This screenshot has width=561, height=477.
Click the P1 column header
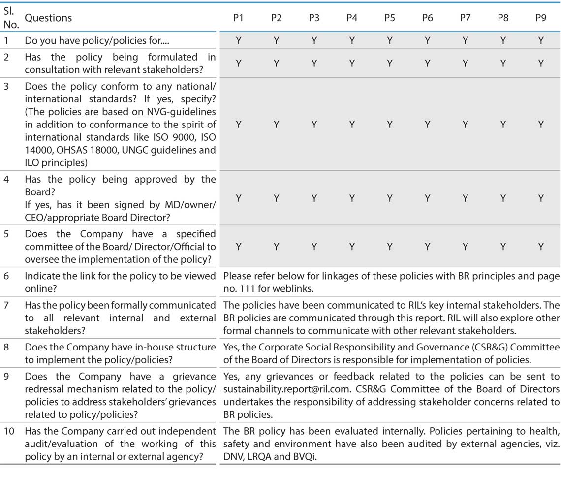tap(238, 18)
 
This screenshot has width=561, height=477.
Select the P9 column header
tap(540, 18)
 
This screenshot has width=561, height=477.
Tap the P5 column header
tap(389, 18)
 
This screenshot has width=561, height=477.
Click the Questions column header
tap(48, 18)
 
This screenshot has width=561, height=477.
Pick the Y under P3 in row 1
tap(314, 40)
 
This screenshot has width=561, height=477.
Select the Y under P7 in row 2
tap(465, 63)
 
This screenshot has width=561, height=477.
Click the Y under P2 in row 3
tap(276, 125)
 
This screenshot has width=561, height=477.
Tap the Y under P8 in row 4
tap(503, 198)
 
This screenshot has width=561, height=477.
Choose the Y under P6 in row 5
tap(427, 246)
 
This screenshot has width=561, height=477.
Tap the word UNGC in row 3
tap(130, 150)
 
